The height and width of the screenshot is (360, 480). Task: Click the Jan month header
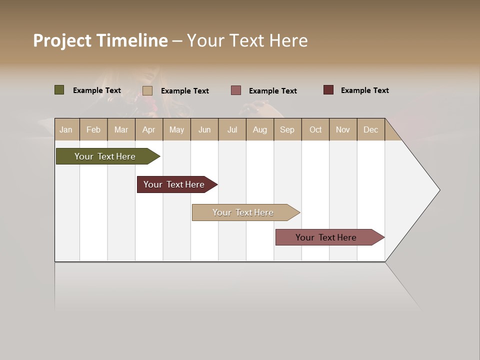(x=66, y=129)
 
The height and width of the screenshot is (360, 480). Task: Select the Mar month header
(x=121, y=129)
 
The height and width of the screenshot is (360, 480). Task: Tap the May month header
(x=176, y=129)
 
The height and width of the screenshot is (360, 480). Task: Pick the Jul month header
(x=232, y=129)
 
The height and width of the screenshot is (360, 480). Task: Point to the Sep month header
(x=287, y=129)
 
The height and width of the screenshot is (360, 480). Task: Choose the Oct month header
(x=315, y=129)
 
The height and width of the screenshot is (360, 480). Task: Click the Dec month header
(x=370, y=129)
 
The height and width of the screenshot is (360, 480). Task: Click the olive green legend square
(x=59, y=90)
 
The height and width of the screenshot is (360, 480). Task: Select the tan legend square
(x=147, y=90)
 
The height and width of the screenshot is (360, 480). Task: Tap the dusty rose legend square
(x=236, y=90)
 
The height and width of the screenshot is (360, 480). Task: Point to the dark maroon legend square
(x=328, y=90)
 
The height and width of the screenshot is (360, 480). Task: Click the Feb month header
(x=93, y=129)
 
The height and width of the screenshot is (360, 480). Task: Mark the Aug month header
(x=259, y=129)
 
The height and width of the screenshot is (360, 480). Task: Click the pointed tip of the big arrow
(x=438, y=190)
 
